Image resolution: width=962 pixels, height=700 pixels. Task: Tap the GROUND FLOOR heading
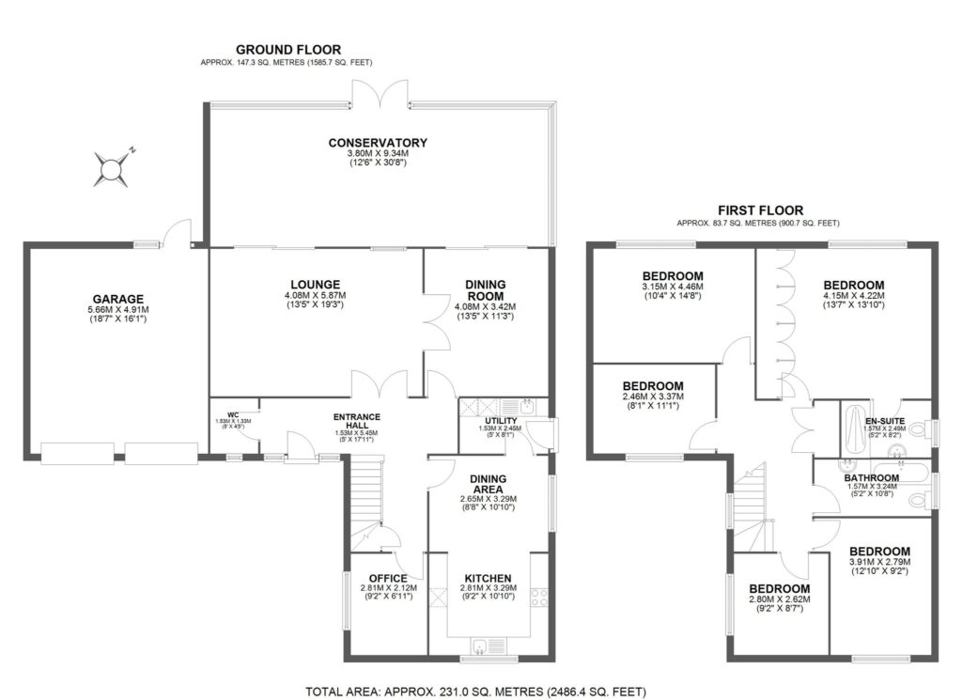(288, 50)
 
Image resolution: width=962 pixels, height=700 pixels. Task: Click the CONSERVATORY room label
(378, 143)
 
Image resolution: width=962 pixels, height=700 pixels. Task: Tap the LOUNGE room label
(316, 285)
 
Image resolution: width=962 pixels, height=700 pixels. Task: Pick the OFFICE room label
(387, 578)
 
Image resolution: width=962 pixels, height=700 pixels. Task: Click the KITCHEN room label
(488, 578)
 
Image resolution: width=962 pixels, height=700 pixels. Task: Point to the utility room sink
(528, 406)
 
